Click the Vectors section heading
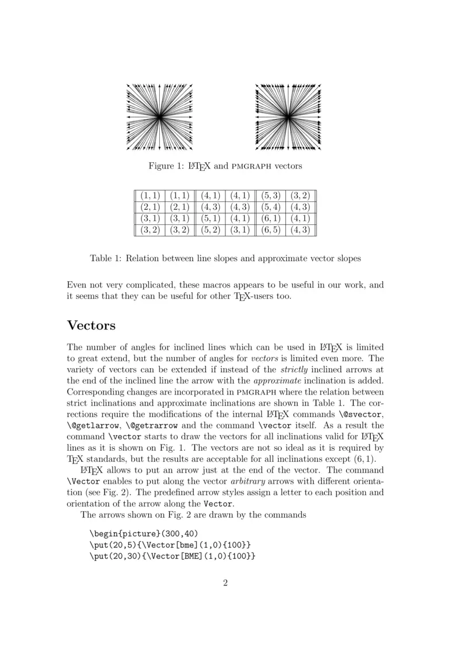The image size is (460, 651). [x=91, y=325]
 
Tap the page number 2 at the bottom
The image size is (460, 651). [x=225, y=583]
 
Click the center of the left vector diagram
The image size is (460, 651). [x=159, y=117]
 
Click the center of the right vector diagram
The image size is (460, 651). [x=287, y=117]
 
